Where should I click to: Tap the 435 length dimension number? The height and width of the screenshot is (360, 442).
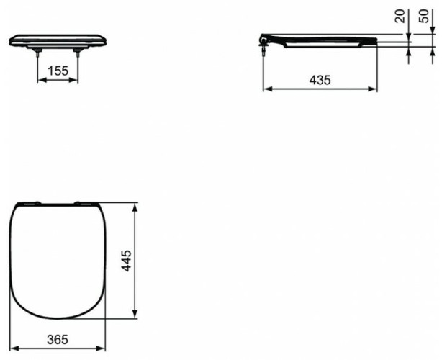320,81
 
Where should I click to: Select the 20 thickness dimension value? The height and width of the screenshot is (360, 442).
401,16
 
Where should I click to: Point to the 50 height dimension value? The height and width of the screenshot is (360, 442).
424,16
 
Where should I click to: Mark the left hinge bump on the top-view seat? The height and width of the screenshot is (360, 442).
31,203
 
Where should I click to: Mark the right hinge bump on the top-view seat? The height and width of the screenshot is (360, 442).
81,203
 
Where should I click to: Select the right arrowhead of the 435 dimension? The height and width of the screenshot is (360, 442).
374,89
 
